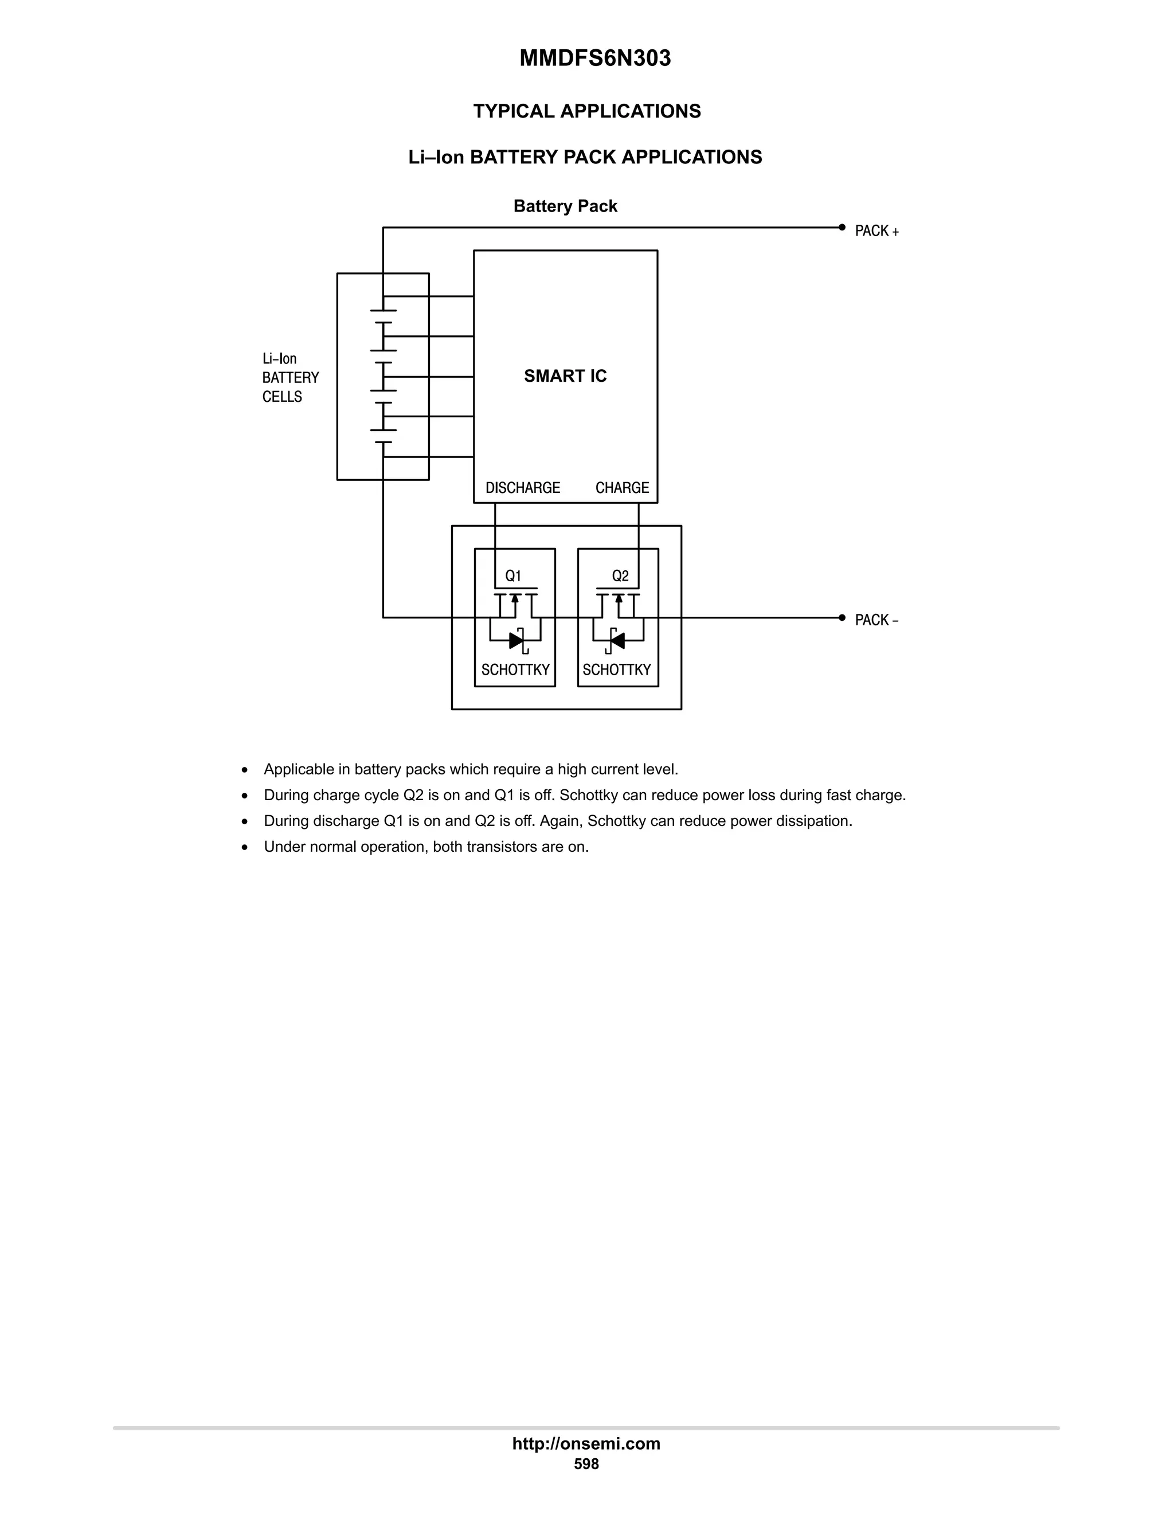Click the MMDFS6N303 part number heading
pos(594,58)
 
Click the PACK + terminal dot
pos(842,228)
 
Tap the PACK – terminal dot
pos(842,617)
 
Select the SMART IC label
pos(565,376)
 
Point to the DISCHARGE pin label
pos(522,488)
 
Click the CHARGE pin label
pos(622,488)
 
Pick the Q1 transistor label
pos(513,576)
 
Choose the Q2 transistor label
pos(620,576)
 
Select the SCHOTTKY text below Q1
pos(515,670)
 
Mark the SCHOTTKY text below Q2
pos(616,670)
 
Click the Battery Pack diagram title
pos(565,206)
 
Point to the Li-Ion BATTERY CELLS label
pos(290,378)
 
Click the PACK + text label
pos(876,232)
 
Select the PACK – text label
pos(876,620)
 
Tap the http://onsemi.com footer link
pos(586,1443)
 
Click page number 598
pos(586,1464)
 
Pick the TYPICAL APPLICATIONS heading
pos(587,111)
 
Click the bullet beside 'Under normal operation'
pos(245,847)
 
